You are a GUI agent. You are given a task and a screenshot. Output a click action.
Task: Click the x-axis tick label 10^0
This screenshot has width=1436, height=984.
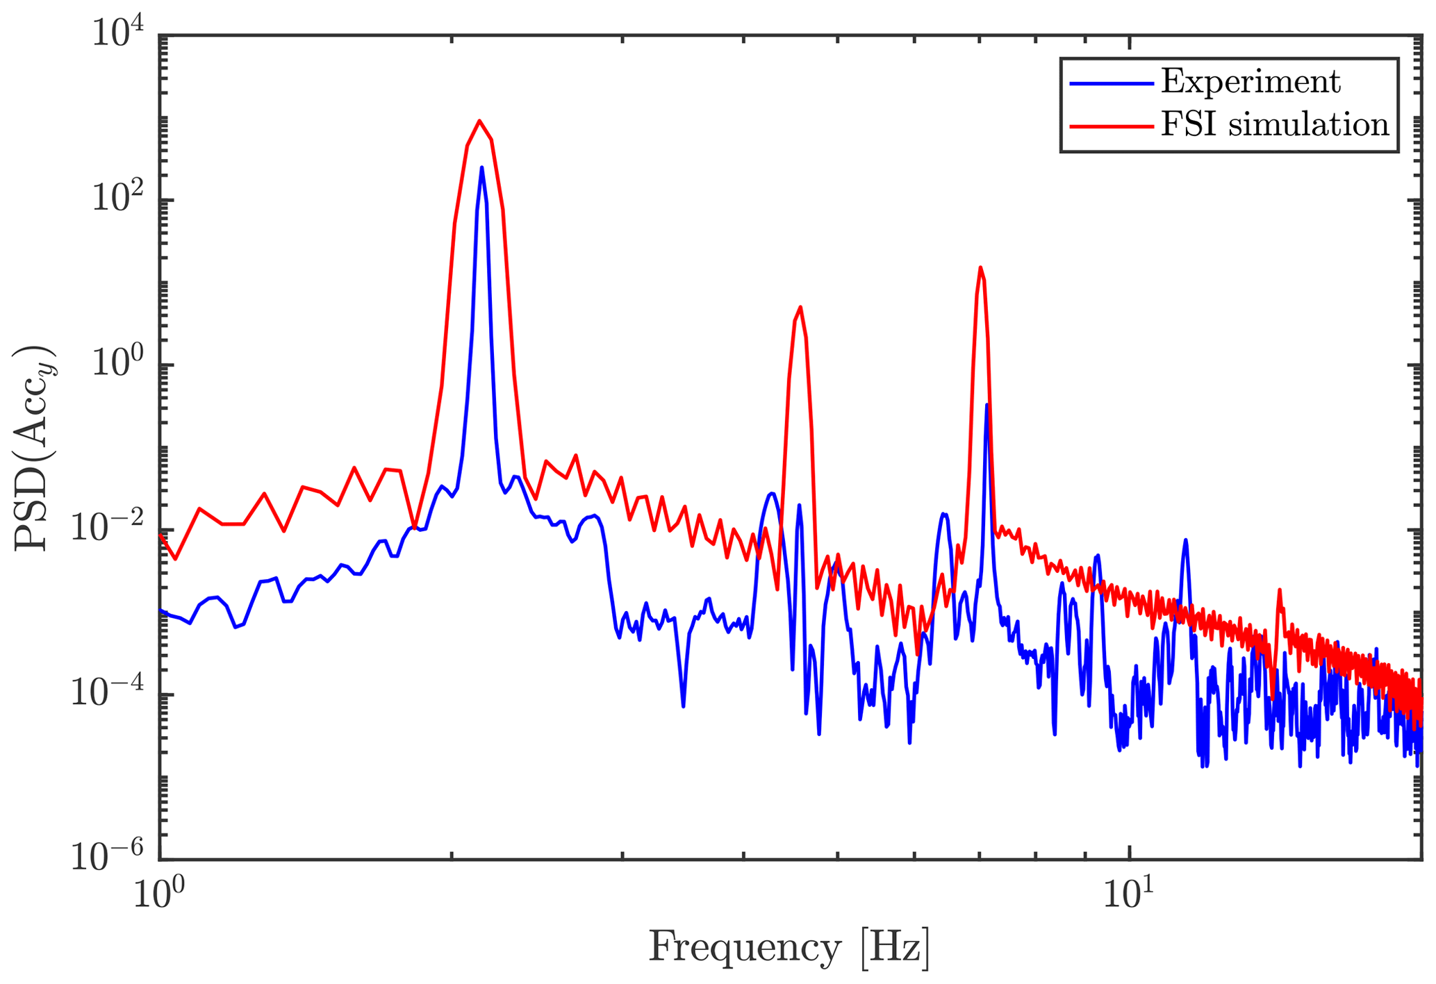tap(159, 897)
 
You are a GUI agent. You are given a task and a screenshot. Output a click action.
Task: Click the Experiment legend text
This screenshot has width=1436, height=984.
tap(1251, 83)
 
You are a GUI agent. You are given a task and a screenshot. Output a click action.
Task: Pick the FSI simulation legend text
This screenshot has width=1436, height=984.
tap(1275, 126)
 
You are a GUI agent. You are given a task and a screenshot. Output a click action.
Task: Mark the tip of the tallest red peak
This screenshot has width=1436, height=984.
tap(479, 121)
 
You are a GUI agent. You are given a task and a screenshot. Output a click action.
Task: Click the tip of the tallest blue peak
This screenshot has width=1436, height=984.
tap(481, 167)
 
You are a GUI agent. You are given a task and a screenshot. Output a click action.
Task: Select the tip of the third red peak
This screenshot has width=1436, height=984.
tap(980, 267)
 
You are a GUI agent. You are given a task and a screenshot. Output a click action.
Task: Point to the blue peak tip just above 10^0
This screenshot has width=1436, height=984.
tap(987, 405)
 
